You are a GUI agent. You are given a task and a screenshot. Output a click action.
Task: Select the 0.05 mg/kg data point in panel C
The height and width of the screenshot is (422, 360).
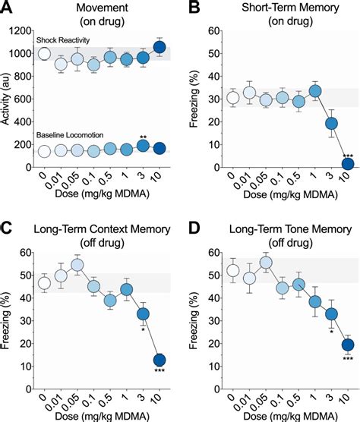76,266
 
